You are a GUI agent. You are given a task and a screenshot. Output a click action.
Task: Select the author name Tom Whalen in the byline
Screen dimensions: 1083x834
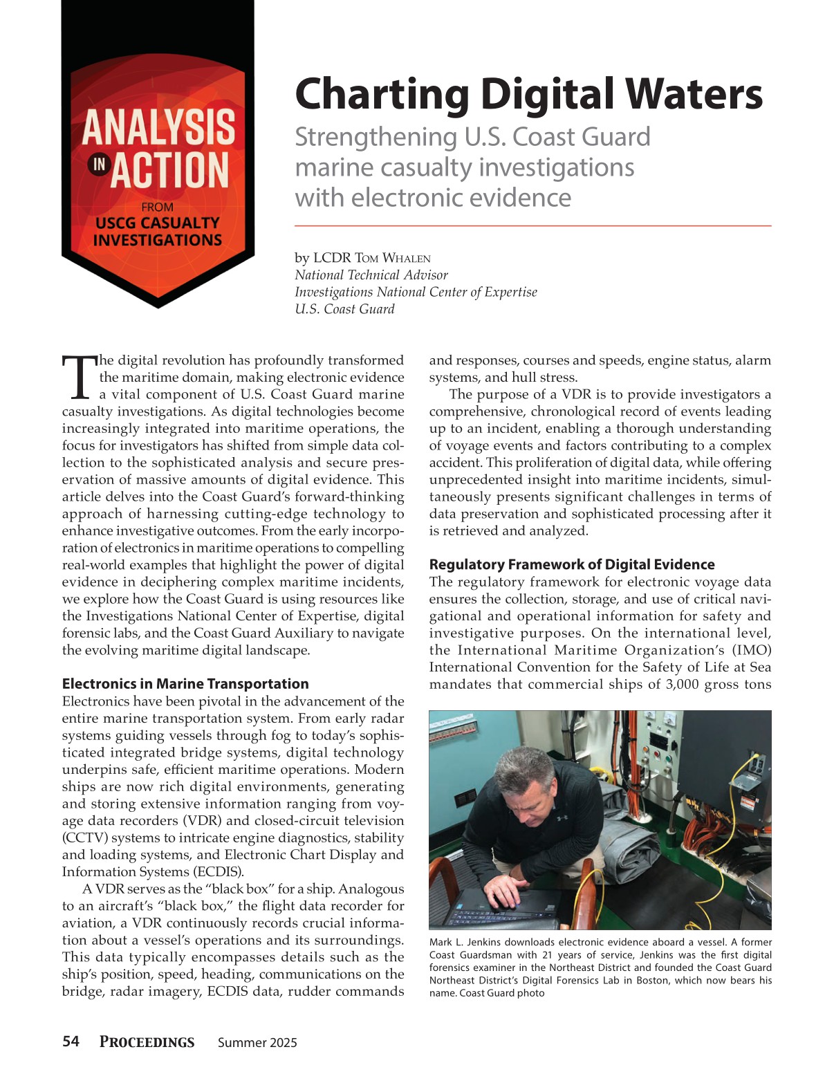point(392,258)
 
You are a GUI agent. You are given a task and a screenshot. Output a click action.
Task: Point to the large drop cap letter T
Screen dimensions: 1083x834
point(79,378)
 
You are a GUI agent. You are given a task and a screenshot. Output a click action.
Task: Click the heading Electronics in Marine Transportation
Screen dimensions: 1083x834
point(185,684)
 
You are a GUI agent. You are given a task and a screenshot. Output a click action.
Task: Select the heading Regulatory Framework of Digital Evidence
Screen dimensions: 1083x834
point(572,564)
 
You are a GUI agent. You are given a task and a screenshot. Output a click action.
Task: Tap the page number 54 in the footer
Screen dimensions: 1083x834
point(71,1042)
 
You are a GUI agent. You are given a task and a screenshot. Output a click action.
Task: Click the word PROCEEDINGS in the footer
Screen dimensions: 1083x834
point(147,1042)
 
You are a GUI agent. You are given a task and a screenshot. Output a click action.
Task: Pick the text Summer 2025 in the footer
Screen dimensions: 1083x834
point(257,1043)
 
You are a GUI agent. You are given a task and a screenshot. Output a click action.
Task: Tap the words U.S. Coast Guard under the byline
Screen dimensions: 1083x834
point(344,309)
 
